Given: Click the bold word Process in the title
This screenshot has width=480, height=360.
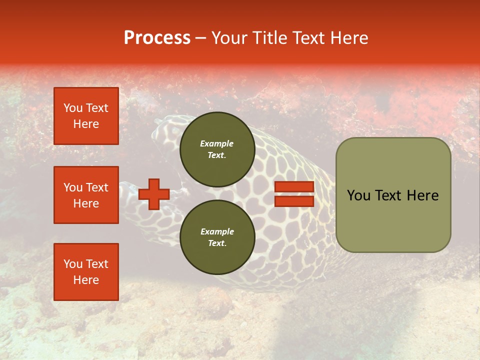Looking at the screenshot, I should [157, 38].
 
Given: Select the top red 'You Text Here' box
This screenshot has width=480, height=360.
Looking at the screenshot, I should [86, 116].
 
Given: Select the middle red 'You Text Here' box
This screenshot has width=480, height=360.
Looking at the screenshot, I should [86, 195].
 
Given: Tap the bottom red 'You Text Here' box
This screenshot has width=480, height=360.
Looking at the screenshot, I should [86, 271].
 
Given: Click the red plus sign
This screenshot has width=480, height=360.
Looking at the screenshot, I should [154, 194].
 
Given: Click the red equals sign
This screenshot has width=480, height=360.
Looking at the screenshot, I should [294, 194].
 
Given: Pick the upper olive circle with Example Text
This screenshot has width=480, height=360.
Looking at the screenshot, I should [217, 149].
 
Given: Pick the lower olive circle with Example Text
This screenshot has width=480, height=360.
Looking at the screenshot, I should [217, 237].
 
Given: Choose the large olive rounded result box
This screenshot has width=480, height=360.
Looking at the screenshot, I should [393, 195].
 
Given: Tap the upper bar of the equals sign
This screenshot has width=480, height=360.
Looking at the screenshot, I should [294, 187].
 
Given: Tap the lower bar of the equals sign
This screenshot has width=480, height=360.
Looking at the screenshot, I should [294, 201].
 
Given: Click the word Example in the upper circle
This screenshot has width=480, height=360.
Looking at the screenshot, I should [217, 143].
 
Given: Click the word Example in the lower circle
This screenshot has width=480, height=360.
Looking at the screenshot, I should [217, 231].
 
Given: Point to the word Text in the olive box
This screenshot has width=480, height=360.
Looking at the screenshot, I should [389, 195].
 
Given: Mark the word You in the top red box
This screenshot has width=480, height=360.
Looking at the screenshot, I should [73, 108].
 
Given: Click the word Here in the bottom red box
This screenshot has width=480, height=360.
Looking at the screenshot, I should [86, 280].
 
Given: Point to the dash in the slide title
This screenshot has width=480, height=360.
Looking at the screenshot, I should [201, 38].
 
